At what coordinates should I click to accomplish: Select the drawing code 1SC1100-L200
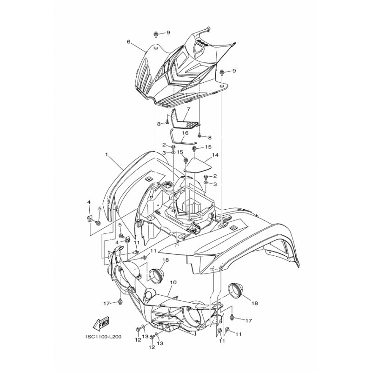click(103, 337)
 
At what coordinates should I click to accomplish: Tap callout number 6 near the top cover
click(129, 42)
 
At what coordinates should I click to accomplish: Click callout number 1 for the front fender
click(107, 154)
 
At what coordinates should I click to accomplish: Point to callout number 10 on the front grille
click(173, 282)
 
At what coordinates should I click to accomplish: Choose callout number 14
click(215, 155)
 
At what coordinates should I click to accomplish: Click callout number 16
click(185, 133)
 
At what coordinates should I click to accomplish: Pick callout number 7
click(189, 109)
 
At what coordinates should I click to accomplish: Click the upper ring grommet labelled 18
click(155, 276)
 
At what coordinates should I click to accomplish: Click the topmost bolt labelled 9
click(156, 34)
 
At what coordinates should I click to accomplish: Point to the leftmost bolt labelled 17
click(120, 301)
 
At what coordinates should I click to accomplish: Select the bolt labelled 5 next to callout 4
click(97, 223)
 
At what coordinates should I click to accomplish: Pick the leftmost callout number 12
click(138, 340)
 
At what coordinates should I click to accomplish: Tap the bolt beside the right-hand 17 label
click(232, 317)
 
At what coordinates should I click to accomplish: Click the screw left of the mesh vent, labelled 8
click(167, 122)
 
